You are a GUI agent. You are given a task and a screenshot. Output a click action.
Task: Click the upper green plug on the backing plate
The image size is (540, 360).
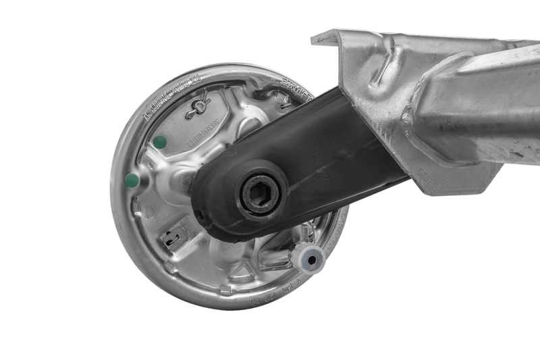tap(160, 142)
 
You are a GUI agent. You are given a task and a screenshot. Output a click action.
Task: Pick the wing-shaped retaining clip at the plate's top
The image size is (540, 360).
tap(198, 107)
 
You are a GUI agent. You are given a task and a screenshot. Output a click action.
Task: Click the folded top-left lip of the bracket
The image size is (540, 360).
tap(331, 37)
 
